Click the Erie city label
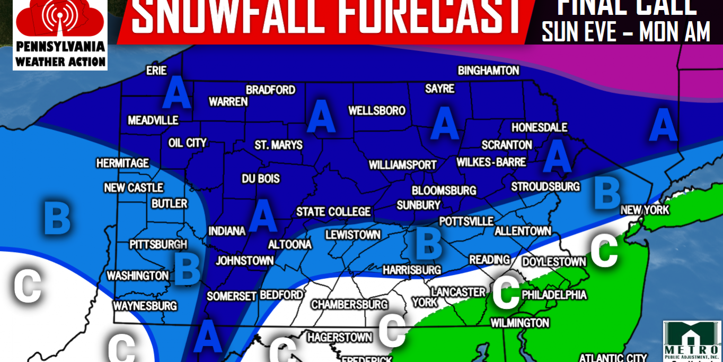[x=156, y=71]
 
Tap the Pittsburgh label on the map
[x=158, y=245]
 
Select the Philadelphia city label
[x=554, y=295]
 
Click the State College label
[x=333, y=212]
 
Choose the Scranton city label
[x=507, y=145]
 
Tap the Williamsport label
[x=402, y=165]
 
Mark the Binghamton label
[x=488, y=71]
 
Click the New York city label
[x=645, y=210]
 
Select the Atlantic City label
[x=613, y=358]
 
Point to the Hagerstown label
[x=340, y=337]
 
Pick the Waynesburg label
[x=145, y=306]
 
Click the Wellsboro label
[x=377, y=111]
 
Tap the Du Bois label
[x=261, y=179]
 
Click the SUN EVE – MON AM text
[x=625, y=33]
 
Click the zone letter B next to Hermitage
[x=57, y=217]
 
